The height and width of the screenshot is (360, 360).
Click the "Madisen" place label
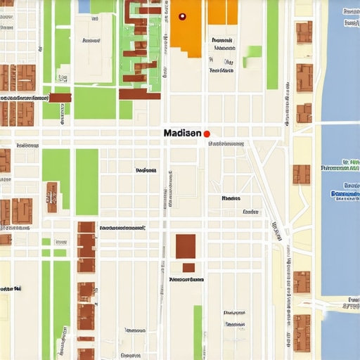tap(182, 133)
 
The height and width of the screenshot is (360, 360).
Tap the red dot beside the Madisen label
tap(207, 134)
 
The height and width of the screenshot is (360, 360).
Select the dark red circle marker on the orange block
tap(182, 16)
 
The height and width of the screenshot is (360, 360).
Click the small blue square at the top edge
tap(84, 6)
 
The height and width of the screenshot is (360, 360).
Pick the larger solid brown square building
tap(186, 246)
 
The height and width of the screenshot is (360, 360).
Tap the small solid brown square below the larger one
tap(188, 268)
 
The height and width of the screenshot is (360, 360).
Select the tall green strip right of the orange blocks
tap(272, 44)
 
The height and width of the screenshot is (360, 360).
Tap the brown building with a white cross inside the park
tap(52, 197)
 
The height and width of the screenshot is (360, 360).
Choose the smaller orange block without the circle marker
tap(222, 12)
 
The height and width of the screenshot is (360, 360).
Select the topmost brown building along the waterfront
tap(304, 32)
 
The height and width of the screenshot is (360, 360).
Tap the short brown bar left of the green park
tap(60, 98)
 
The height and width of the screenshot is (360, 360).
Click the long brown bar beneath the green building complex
tap(139, 94)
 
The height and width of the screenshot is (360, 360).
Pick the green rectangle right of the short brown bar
tap(94, 103)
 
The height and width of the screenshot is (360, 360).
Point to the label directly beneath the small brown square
tap(186, 279)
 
